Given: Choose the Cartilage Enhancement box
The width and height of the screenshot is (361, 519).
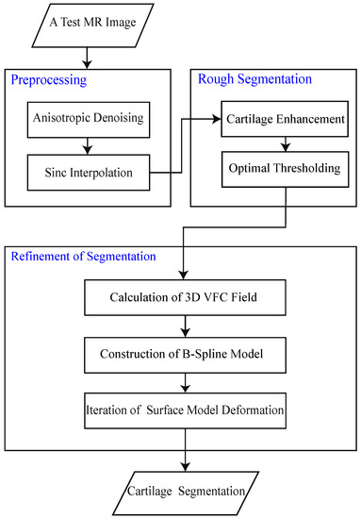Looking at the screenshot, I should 273,122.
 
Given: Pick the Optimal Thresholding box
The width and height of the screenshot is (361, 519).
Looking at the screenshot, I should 273,171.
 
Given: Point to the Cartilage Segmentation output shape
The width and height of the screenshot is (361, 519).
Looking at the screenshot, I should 179,490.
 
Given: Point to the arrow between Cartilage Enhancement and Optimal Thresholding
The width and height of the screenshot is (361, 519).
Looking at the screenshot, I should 273,146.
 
